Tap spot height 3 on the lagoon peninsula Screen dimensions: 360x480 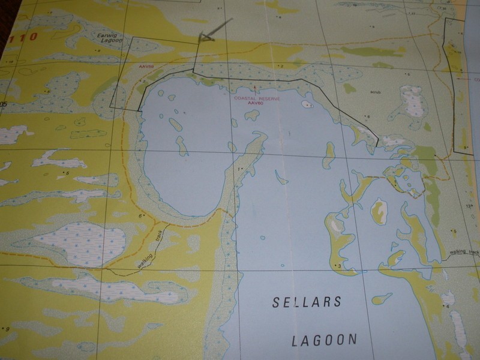click(339, 265)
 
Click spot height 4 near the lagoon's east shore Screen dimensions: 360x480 click(446, 307)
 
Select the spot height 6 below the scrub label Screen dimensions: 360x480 click(368, 117)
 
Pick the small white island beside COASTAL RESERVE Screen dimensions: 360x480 click(308, 104)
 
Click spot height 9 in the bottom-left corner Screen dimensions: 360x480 click(7, 328)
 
